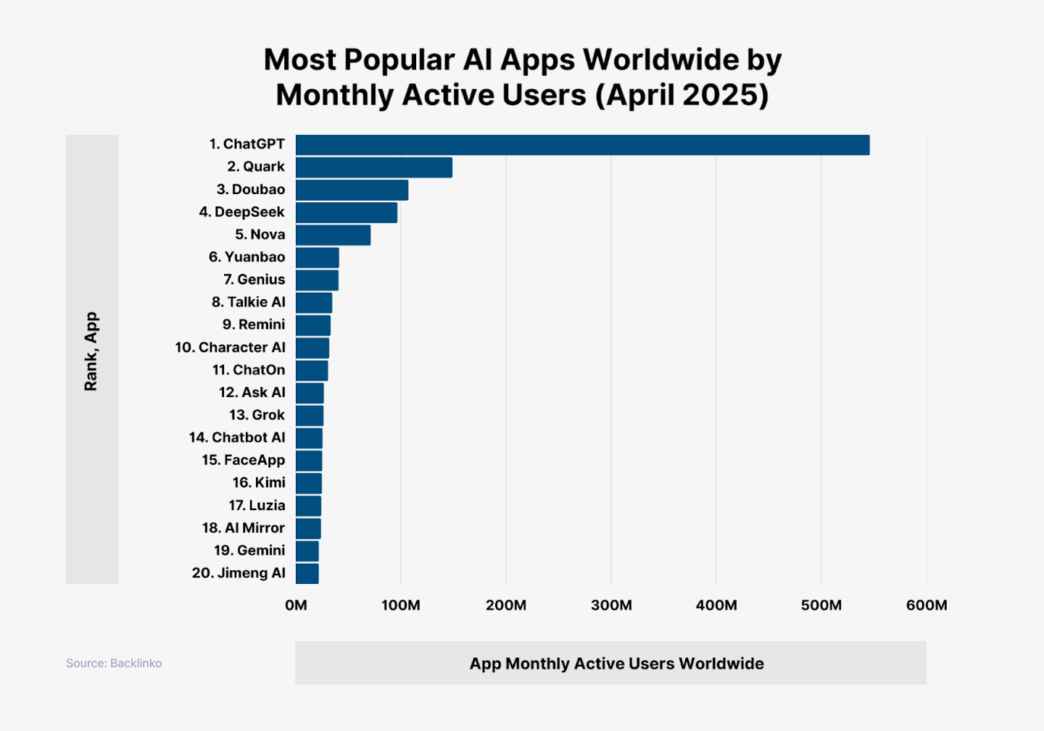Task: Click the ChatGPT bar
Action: tap(582, 145)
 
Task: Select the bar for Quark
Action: tap(374, 167)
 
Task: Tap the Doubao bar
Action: tap(352, 190)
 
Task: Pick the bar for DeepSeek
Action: tap(347, 212)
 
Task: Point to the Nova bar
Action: tap(333, 235)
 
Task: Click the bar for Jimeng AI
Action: tap(307, 573)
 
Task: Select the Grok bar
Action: tap(310, 415)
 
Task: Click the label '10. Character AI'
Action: tap(230, 347)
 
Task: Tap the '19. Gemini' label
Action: tap(249, 551)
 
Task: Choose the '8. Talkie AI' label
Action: tap(248, 302)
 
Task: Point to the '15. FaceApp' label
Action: tap(243, 460)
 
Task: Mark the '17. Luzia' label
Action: tap(257, 506)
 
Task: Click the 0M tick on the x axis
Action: tap(296, 605)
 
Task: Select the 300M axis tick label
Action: tap(611, 605)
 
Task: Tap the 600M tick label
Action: tap(926, 605)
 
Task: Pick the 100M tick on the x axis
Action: tap(401, 605)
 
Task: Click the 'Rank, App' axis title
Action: tap(91, 351)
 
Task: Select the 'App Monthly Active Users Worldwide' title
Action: tap(616, 664)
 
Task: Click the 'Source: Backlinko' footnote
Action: tap(114, 664)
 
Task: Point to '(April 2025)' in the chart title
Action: tap(681, 96)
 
